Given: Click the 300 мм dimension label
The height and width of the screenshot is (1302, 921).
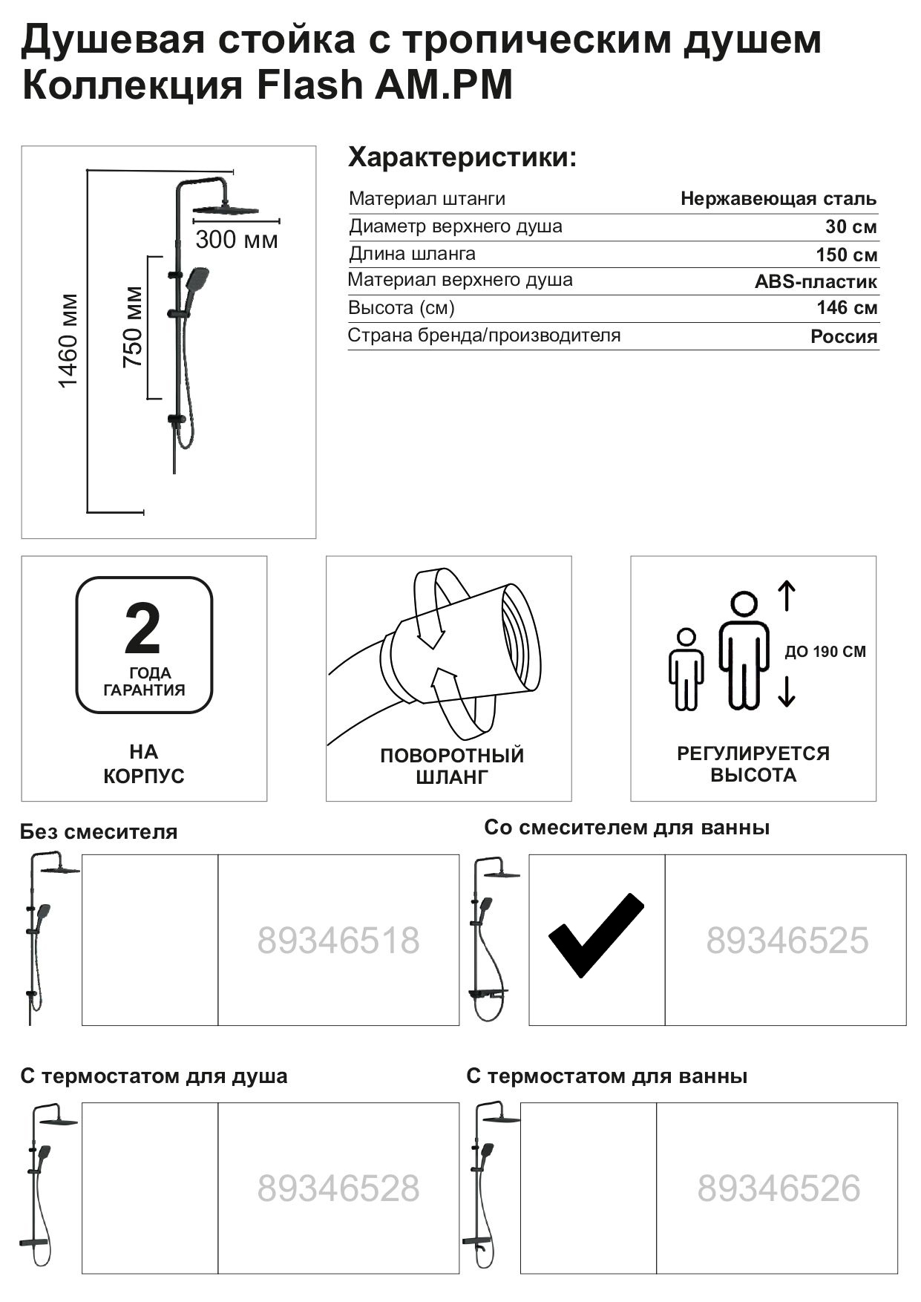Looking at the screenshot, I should click(x=237, y=240).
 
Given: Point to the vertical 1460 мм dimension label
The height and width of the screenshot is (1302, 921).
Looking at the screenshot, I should click(x=68, y=341).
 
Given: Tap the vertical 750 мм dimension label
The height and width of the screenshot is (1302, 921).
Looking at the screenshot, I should click(x=133, y=327).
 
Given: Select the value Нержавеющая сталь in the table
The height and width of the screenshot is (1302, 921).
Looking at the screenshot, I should click(x=778, y=199).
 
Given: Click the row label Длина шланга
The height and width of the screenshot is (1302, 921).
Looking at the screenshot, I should click(x=412, y=254).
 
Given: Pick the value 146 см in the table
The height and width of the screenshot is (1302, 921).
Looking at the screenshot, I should click(x=847, y=308).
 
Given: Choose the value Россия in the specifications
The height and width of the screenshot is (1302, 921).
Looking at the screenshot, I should click(x=843, y=336).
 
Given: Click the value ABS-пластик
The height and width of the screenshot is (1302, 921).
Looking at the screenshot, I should click(x=816, y=282).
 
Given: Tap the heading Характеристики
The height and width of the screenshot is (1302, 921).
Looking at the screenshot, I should click(x=462, y=158).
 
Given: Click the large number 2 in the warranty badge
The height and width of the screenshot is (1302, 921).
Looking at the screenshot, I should click(x=142, y=628).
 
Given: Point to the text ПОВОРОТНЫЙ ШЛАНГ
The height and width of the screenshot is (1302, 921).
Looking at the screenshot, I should click(x=452, y=766).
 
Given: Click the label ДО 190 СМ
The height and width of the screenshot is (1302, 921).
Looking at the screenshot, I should click(x=825, y=652).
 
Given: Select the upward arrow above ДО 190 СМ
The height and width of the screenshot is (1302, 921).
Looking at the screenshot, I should click(x=787, y=597).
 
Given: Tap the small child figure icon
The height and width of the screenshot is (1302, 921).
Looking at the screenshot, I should click(x=686, y=669).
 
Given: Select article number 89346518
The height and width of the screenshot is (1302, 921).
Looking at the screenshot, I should click(x=338, y=940).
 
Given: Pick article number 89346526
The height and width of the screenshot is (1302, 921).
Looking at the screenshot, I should click(x=778, y=1188).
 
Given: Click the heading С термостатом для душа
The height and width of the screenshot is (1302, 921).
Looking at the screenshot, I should click(x=154, y=1076).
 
